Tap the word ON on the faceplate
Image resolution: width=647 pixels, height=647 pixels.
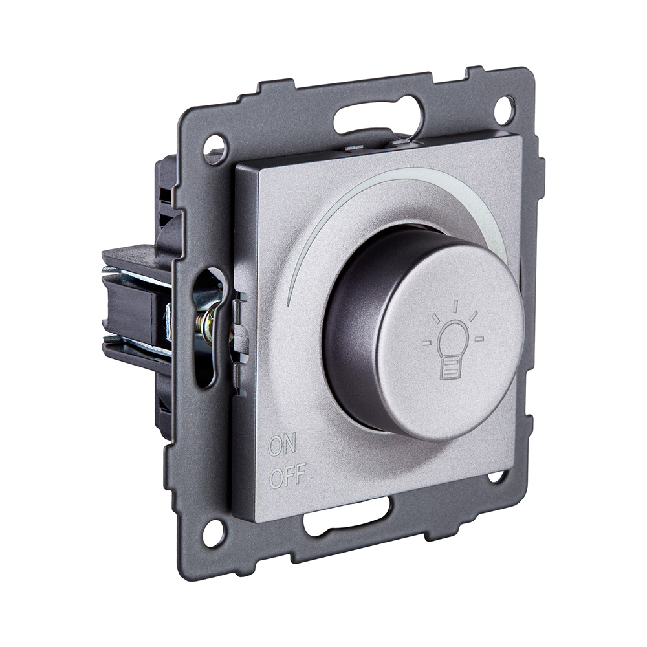(283, 446)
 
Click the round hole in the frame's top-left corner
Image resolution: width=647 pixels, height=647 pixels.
(214, 147)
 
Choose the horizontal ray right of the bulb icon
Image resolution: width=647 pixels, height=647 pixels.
(479, 338)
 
